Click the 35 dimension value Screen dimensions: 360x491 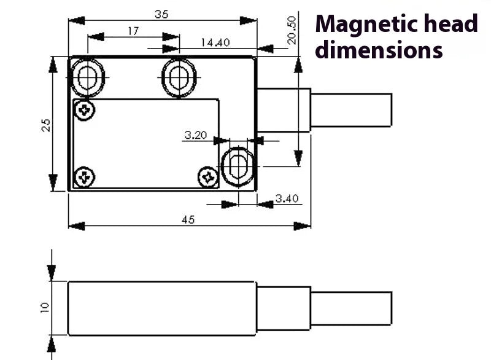point(161,15)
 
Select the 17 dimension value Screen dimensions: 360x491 point(133,31)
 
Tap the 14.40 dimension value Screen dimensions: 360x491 point(215,42)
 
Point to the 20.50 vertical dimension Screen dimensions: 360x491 point(292,30)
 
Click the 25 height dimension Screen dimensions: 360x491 point(46,125)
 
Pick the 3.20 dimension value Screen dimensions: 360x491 point(195,135)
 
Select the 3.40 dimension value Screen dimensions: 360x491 point(287,198)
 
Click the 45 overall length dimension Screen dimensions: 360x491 point(188,219)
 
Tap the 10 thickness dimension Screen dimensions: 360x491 point(45,307)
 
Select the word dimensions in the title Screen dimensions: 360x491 point(379,50)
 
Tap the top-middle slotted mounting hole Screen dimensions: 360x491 point(179,77)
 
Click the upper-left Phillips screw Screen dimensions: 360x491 point(84,111)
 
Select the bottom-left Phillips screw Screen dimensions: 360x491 point(84,178)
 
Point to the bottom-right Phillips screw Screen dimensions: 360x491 point(209,178)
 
